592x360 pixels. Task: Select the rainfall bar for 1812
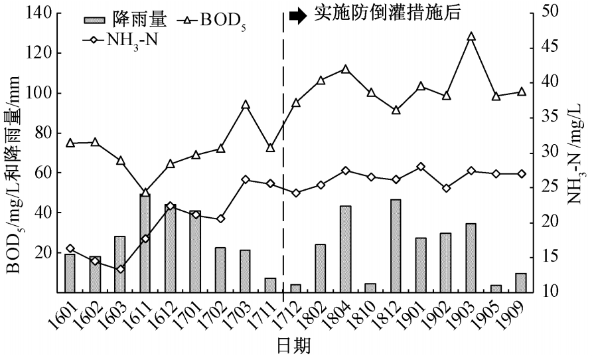point(396,246)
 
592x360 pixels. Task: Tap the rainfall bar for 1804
point(346,249)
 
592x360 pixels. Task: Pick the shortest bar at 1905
point(496,288)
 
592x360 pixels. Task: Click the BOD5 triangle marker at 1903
point(471,37)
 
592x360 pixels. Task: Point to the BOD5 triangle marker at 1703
point(246,104)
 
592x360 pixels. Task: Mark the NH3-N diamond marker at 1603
point(120,269)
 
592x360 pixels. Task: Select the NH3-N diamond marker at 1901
point(421,167)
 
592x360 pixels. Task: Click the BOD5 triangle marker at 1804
point(346,69)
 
